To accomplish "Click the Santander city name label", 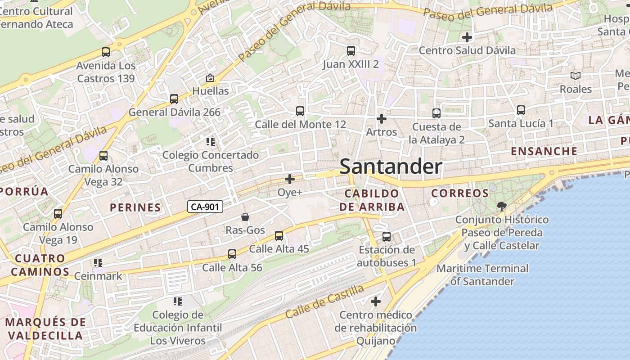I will pyautogui.click(x=391, y=166).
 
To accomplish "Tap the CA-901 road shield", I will pyautogui.click(x=205, y=207).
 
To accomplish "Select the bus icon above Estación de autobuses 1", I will pyautogui.click(x=387, y=237).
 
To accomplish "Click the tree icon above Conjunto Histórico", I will pyautogui.click(x=501, y=207).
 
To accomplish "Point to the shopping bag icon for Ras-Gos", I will pyautogui.click(x=245, y=217).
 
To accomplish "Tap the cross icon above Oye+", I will pyautogui.click(x=290, y=180).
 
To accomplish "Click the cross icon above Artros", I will pyautogui.click(x=381, y=119).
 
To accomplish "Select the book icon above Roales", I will pyautogui.click(x=576, y=76).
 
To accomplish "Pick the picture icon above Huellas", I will pyautogui.click(x=210, y=78).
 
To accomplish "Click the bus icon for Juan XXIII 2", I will pyautogui.click(x=351, y=51).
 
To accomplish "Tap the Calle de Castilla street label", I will pyautogui.click(x=318, y=304).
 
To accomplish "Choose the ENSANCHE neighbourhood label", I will pyautogui.click(x=544, y=151).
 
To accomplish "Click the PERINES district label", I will pyautogui.click(x=135, y=207).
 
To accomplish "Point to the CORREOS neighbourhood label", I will pyautogui.click(x=460, y=193).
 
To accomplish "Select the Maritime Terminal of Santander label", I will pyautogui.click(x=482, y=275).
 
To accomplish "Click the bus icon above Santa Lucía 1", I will pyautogui.click(x=521, y=110).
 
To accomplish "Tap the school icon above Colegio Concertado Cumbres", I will pyautogui.click(x=210, y=142).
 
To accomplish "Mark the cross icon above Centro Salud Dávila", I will pyautogui.click(x=467, y=37).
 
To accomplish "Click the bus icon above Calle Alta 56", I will pyautogui.click(x=232, y=255).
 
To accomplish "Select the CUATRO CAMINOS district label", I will pyautogui.click(x=40, y=265).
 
